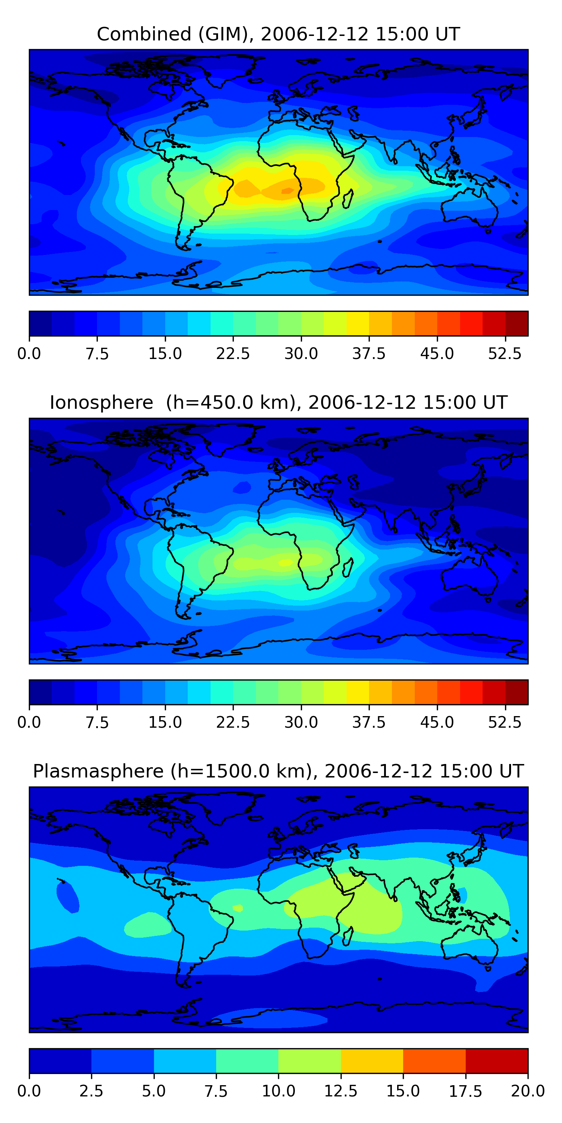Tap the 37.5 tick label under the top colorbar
pos(369,353)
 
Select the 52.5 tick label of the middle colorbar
pos(504,722)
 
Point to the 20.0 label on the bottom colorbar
pos(528,1091)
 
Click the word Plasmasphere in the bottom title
pos(98,771)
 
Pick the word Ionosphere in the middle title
pos(101,402)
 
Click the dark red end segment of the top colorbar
pos(517,323)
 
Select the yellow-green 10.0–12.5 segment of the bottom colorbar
pos(309,1060)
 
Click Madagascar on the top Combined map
pos(348,199)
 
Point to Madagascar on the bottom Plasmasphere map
pos(348,937)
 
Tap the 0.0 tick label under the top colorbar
pos(29,353)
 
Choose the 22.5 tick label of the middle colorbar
pos(233,722)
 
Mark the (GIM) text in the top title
pos(226,34)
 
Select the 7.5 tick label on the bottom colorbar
pos(216,1091)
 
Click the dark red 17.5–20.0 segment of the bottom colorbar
pos(496,1060)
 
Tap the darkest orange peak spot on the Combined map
pos(287,191)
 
